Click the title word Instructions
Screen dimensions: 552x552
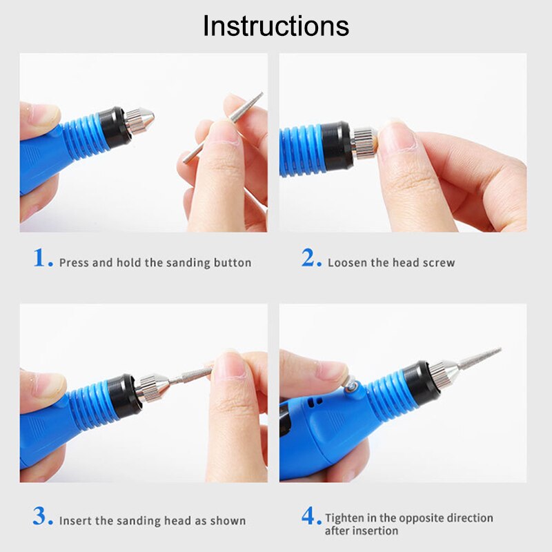(275, 26)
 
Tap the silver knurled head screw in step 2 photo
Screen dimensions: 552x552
(364, 142)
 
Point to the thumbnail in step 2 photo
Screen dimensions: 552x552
(397, 137)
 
